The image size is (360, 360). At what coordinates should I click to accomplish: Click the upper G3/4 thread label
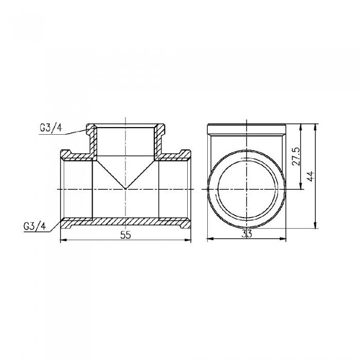click(x=50, y=129)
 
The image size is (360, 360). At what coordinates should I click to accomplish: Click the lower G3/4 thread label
click(x=34, y=226)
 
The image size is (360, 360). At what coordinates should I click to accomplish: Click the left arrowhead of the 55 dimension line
click(x=63, y=240)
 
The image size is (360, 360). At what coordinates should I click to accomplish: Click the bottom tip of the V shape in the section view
click(x=125, y=188)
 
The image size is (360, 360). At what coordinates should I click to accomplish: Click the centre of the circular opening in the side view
click(x=246, y=189)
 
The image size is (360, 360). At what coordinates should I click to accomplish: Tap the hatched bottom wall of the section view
click(x=125, y=222)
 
